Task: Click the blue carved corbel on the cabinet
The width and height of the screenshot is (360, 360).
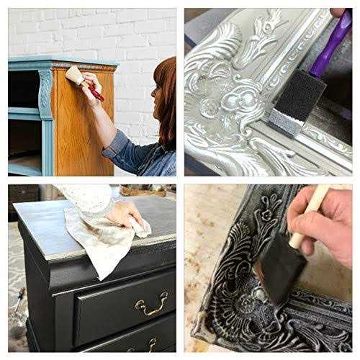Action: click(x=45, y=94)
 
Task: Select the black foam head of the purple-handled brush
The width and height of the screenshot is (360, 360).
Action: click(x=295, y=101)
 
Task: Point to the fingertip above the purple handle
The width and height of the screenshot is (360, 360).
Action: click(x=338, y=12)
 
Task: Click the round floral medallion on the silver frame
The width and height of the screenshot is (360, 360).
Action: click(x=210, y=109)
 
